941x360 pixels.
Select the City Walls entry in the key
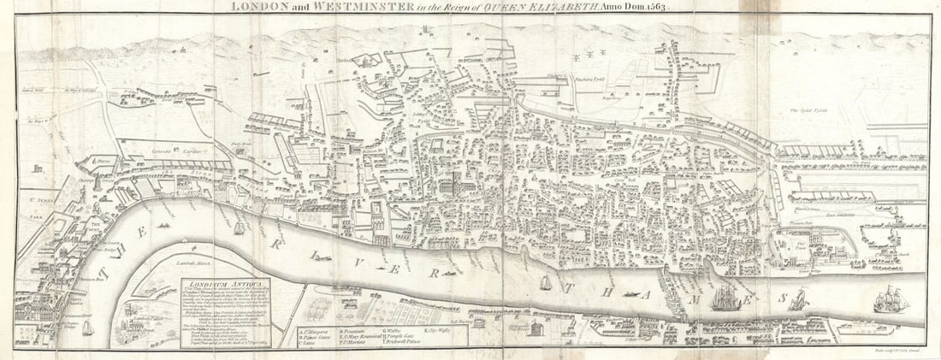pyautogui.click(x=451, y=329)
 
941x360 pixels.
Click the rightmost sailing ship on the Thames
pyautogui.click(x=891, y=301)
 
